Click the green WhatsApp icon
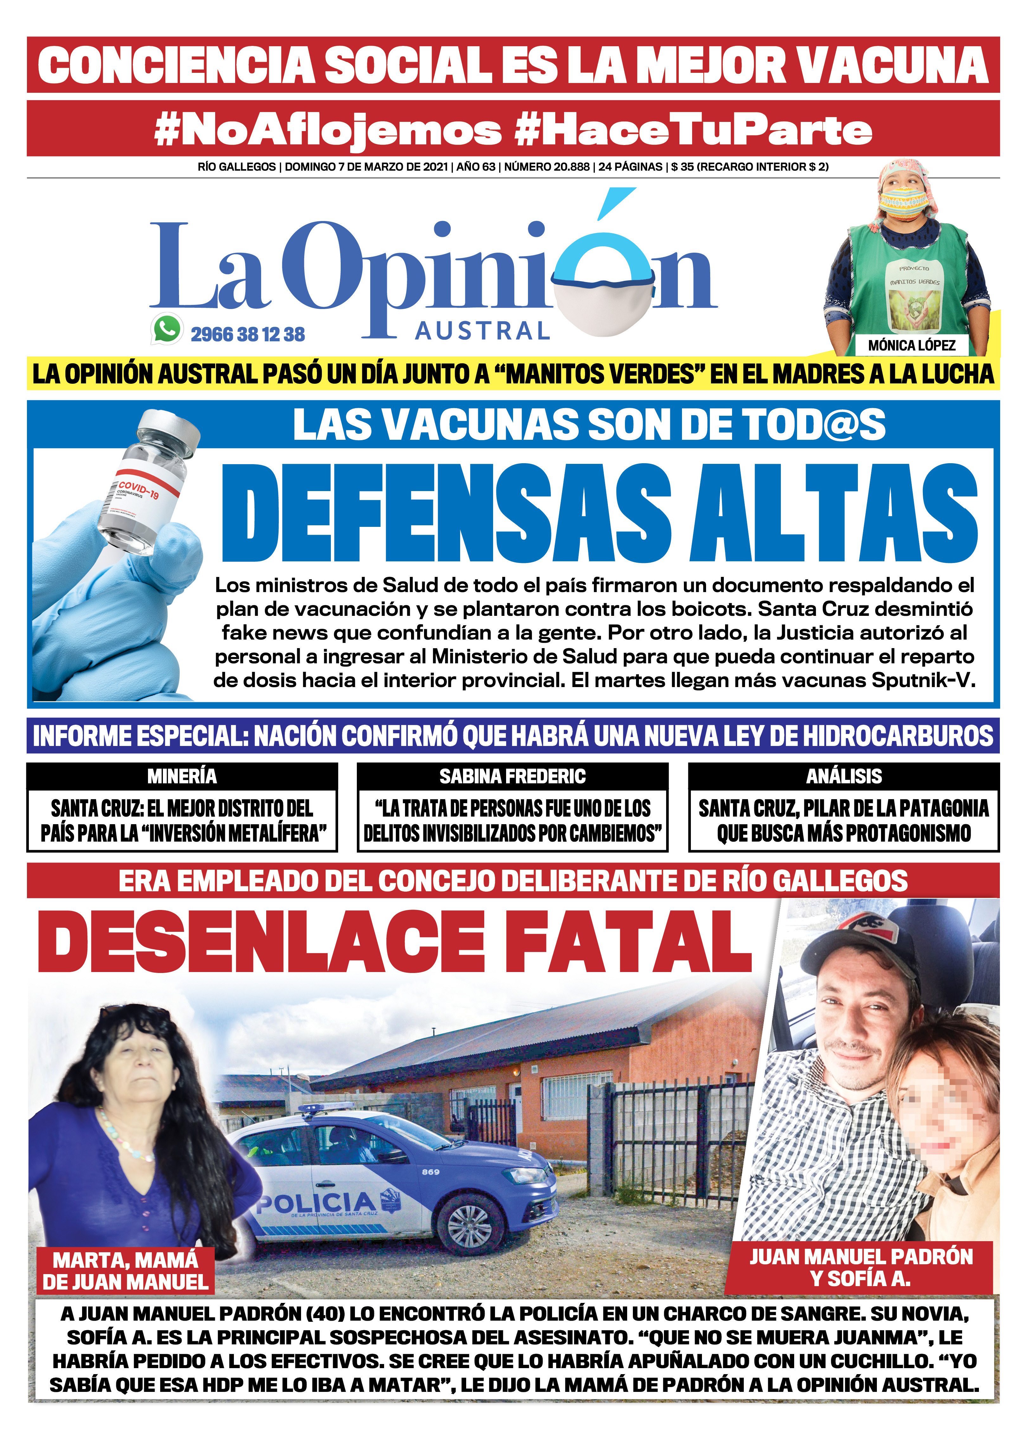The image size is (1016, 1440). [x=167, y=329]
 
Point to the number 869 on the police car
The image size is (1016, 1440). [x=430, y=1172]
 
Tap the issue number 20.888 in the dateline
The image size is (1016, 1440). [x=570, y=167]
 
